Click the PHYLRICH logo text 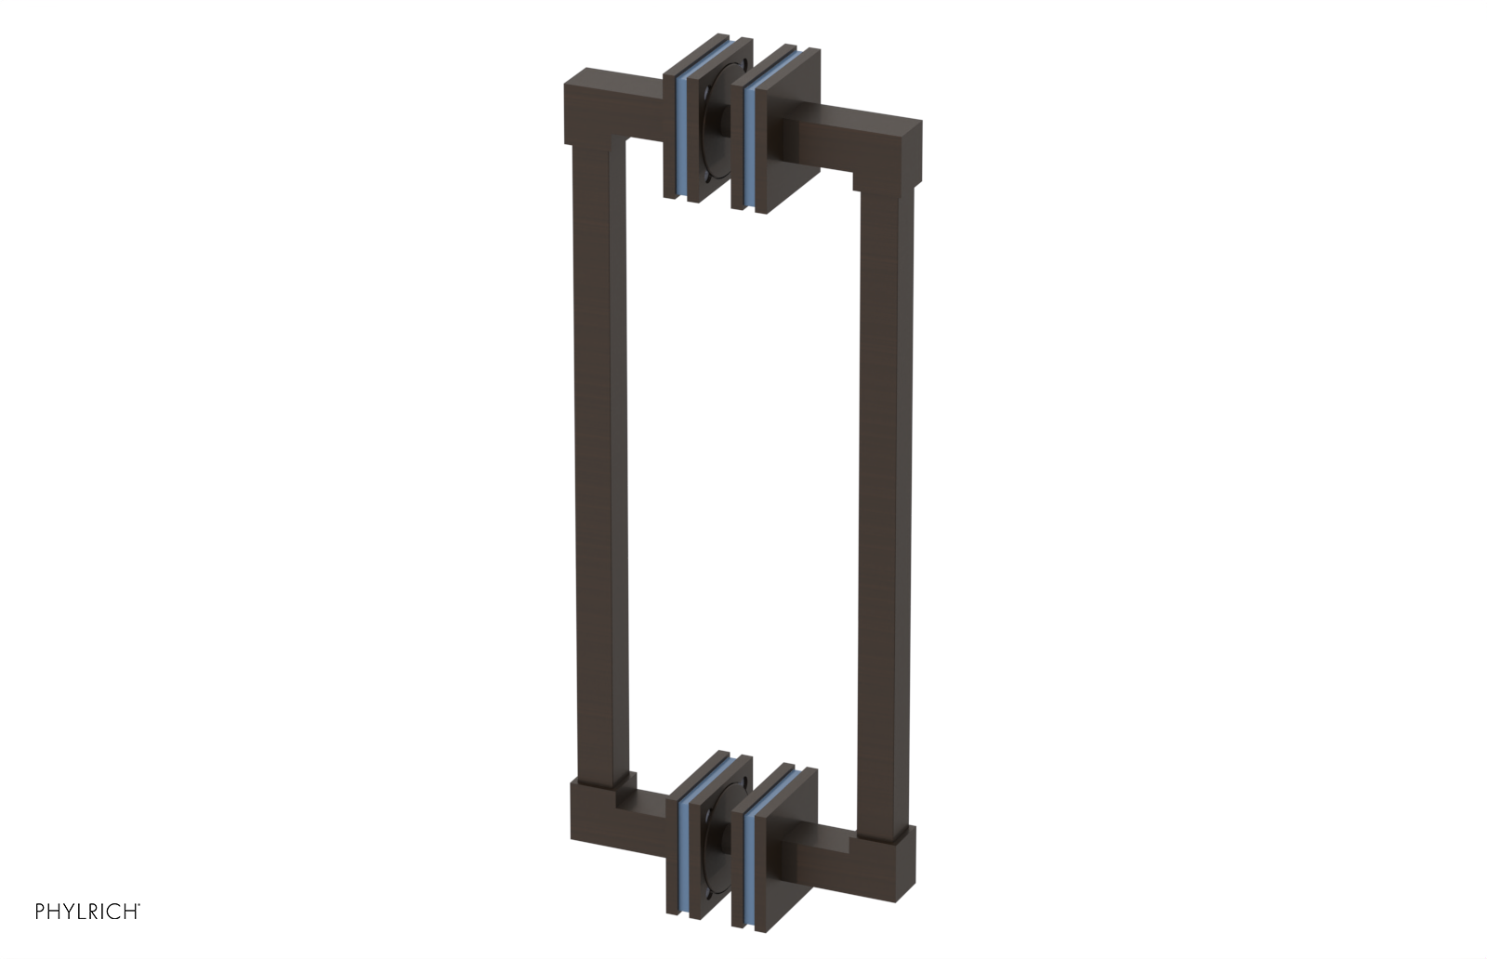(87, 912)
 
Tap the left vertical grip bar (595, 465)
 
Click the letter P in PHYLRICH (40, 912)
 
